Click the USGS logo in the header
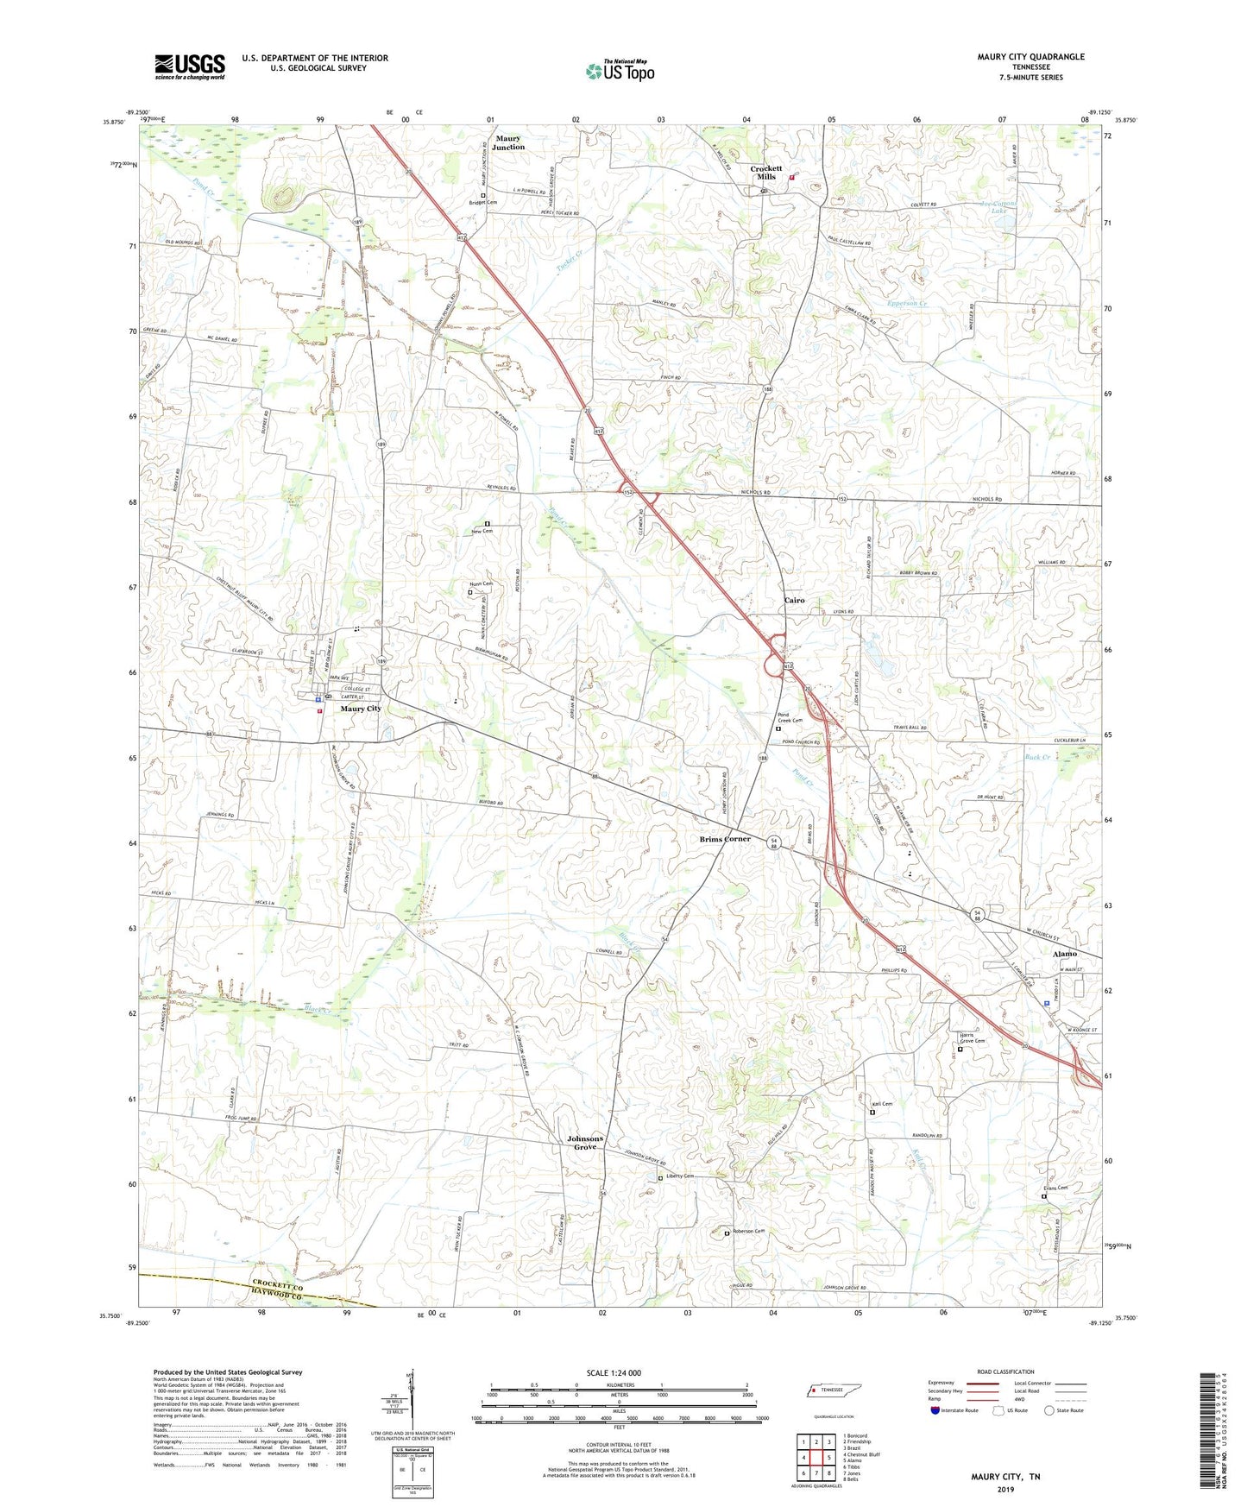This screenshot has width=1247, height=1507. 190,66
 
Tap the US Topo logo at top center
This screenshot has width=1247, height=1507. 620,71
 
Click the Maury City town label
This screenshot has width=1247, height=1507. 361,709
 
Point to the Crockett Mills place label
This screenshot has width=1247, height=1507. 765,173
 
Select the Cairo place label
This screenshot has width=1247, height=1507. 794,600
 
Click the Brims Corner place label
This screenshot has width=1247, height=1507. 725,839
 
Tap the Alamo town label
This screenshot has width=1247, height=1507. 1064,954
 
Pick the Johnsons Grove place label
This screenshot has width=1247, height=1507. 585,1143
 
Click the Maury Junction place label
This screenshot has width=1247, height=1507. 508,143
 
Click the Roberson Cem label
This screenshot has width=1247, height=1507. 748,1231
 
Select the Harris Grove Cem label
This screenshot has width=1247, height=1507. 972,1037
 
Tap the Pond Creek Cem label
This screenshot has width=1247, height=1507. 790,717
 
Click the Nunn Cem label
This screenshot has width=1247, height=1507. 481,584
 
